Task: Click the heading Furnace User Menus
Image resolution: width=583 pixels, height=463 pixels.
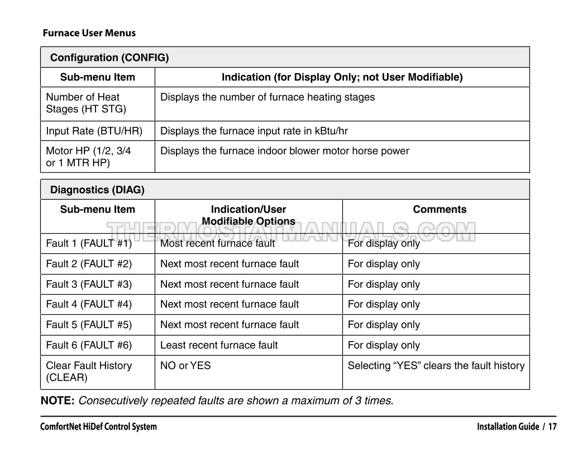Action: click(x=89, y=33)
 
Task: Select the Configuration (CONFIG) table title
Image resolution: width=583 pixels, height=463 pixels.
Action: click(x=109, y=58)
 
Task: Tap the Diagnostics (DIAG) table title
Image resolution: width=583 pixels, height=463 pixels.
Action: click(x=97, y=190)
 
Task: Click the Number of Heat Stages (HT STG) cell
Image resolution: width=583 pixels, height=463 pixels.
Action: click(x=83, y=103)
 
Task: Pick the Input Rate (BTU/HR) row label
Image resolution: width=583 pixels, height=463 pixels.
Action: click(x=94, y=131)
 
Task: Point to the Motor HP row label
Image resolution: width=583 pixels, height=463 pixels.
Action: click(x=88, y=156)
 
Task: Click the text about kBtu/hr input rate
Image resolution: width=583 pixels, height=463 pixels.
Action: click(x=254, y=131)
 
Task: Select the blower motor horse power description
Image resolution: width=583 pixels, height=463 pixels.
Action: click(x=284, y=151)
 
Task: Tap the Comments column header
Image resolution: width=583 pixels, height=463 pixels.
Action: click(x=439, y=210)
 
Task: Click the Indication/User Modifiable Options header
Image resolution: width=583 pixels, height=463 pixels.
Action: click(x=248, y=215)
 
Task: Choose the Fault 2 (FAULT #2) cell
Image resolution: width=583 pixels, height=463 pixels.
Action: click(x=89, y=264)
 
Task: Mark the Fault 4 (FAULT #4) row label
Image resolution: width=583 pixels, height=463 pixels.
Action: click(x=89, y=304)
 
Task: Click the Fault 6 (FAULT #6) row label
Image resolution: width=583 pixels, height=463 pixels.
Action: click(x=89, y=345)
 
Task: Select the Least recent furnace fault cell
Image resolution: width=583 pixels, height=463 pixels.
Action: click(x=219, y=345)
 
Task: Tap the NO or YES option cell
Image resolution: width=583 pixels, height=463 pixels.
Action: click(x=185, y=366)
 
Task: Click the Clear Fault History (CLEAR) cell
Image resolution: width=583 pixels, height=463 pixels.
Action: click(x=89, y=371)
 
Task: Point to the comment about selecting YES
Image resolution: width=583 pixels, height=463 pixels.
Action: click(x=436, y=366)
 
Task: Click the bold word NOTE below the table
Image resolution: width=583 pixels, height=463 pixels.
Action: click(x=58, y=400)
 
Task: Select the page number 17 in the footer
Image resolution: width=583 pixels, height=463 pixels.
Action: click(x=552, y=427)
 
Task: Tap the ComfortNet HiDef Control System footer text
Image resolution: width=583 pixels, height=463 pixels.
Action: click(x=98, y=427)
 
